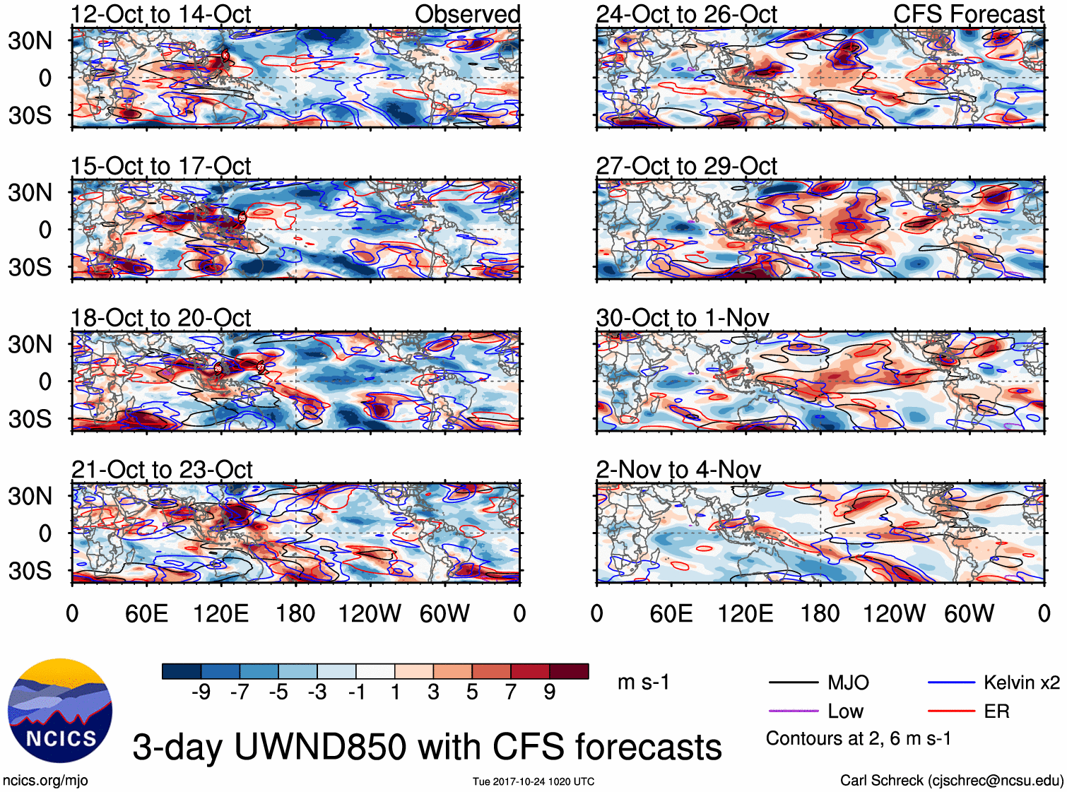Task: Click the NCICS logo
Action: tap(60, 711)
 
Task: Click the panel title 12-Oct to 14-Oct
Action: tap(160, 14)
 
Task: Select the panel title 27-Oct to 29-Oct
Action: tap(686, 166)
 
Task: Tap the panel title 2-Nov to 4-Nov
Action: tap(678, 469)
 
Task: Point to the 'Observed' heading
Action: tap(467, 14)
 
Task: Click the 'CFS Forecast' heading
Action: tap(968, 14)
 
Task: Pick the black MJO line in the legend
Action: tap(794, 682)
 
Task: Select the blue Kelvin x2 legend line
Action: tap(951, 682)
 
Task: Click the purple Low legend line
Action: tap(794, 711)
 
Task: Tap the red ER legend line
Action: tap(951, 711)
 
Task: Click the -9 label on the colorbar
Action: tap(201, 692)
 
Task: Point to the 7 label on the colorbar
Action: tap(511, 692)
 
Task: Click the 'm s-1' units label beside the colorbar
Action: tap(643, 682)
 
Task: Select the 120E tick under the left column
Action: tap(221, 613)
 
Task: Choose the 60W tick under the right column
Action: tap(969, 613)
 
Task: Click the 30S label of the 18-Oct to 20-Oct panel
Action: tap(30, 419)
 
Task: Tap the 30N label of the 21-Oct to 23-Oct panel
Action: tap(30, 496)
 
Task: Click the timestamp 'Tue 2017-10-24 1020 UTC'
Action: tap(533, 781)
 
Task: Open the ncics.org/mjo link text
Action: tap(45, 781)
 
